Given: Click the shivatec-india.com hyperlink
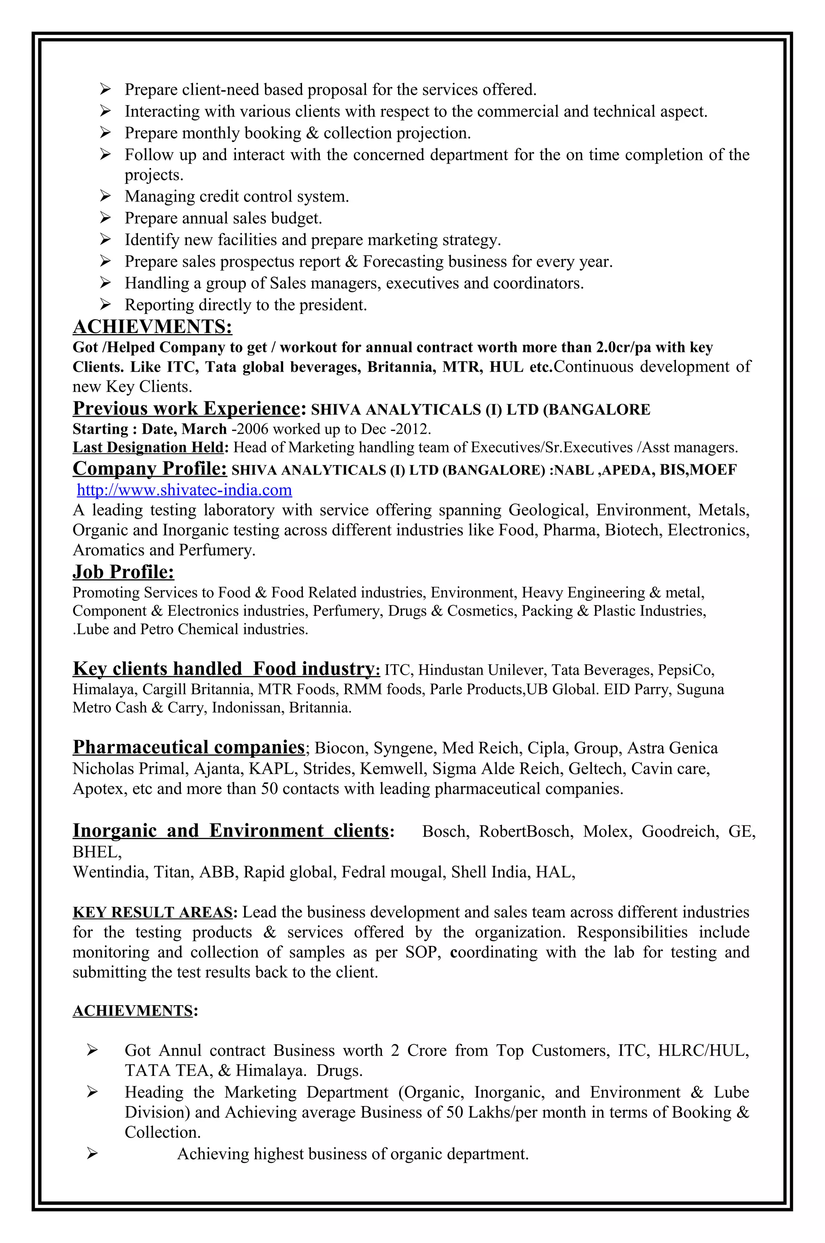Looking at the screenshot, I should click(184, 490).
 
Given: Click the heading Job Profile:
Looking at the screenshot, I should click(123, 572).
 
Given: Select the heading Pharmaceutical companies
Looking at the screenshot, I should click(189, 747).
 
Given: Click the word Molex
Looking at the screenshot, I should click(607, 831).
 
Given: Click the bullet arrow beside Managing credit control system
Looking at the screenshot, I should click(105, 196).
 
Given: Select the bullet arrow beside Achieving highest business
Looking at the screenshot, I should click(93, 1154).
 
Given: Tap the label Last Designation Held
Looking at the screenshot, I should click(148, 447).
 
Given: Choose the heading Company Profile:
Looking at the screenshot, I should click(149, 469).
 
